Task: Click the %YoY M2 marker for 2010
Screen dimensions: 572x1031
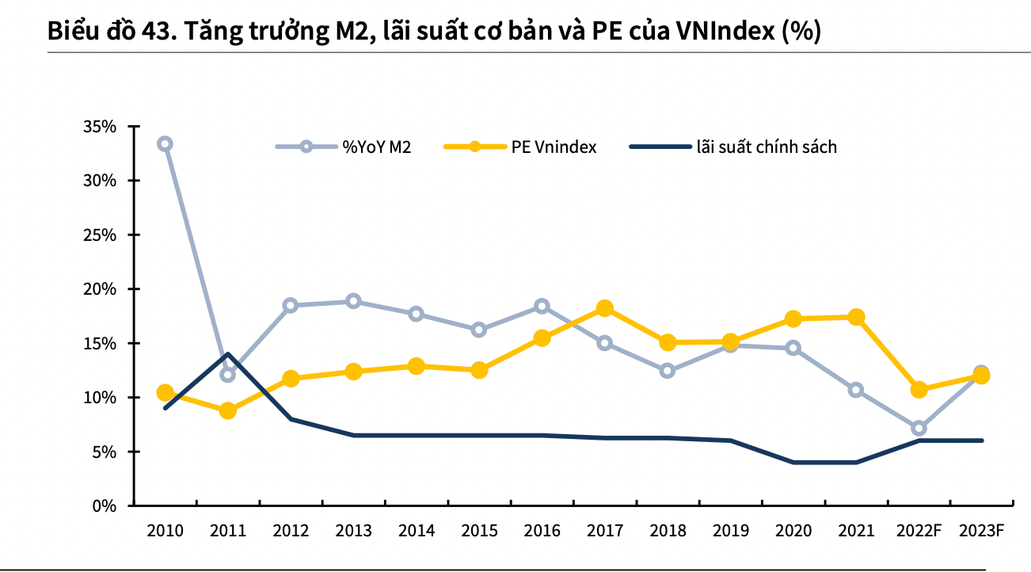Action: point(165,143)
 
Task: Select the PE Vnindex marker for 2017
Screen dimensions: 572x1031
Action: point(604,308)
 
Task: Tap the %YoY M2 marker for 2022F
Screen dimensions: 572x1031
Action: point(919,429)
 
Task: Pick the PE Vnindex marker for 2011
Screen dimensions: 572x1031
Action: point(227,410)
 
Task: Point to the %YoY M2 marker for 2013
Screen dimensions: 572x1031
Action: point(353,301)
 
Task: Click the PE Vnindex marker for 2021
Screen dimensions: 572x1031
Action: point(856,317)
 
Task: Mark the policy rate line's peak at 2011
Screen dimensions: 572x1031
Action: point(227,354)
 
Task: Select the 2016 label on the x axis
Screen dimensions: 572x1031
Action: point(542,530)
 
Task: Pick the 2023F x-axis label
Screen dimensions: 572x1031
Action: point(982,530)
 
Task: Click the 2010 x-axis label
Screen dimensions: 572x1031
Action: point(165,530)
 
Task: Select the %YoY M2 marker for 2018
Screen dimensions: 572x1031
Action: point(667,370)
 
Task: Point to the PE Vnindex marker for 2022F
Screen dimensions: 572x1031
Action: point(919,389)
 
